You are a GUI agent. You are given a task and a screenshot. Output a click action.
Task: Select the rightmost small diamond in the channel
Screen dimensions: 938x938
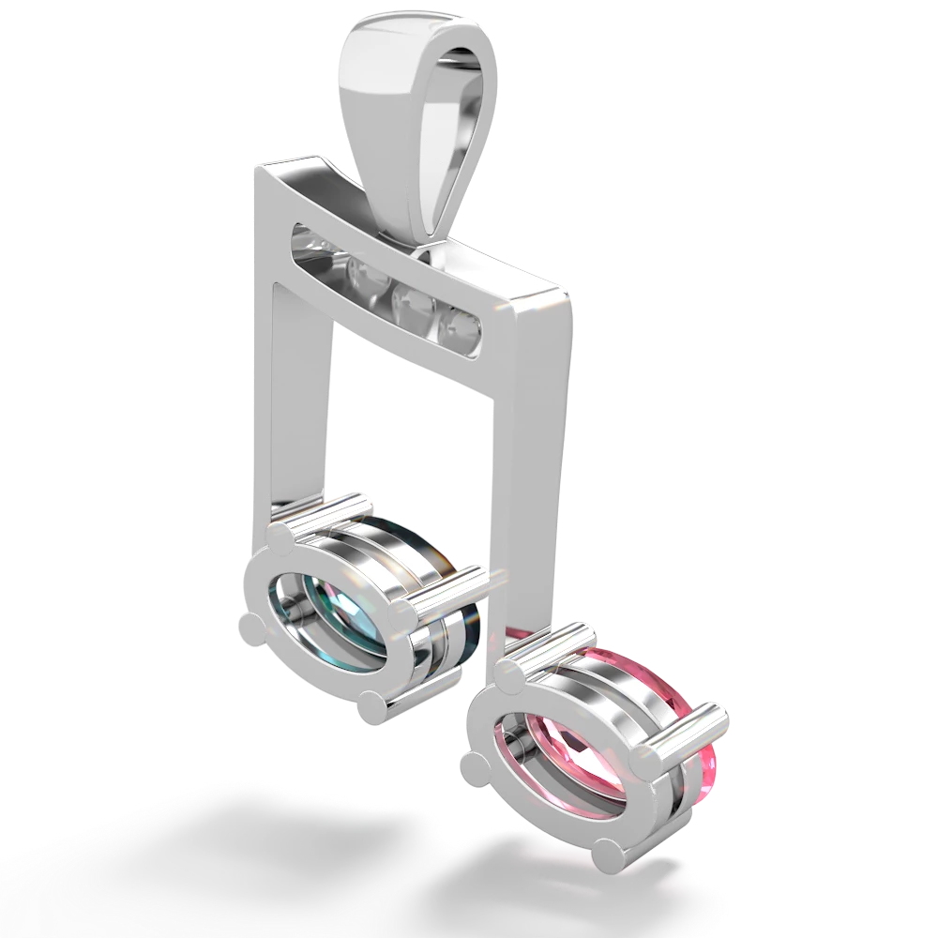pos(461,325)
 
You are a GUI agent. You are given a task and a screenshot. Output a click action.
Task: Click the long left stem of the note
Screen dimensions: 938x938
pos(295,394)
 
